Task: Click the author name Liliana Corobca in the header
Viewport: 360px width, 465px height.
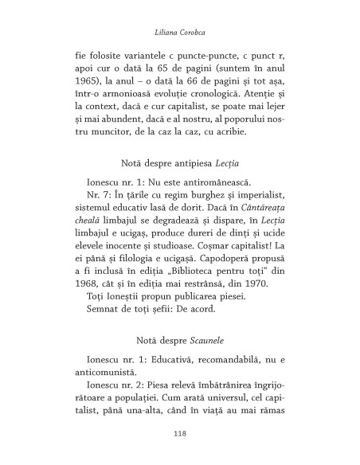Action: click(x=180, y=34)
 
